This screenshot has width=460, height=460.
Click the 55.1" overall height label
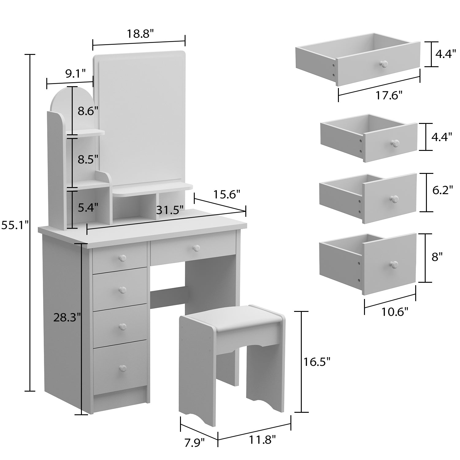[x=14, y=225]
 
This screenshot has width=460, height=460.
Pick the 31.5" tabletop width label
[x=170, y=210]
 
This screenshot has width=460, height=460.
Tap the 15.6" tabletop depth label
[x=227, y=194]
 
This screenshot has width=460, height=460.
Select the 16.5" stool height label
[x=317, y=362]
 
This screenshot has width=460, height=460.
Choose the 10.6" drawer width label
[x=395, y=312]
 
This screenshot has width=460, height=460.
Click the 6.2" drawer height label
[x=443, y=190]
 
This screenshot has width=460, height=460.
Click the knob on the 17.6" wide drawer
[x=384, y=64]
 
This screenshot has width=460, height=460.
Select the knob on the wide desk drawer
[x=196, y=248]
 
